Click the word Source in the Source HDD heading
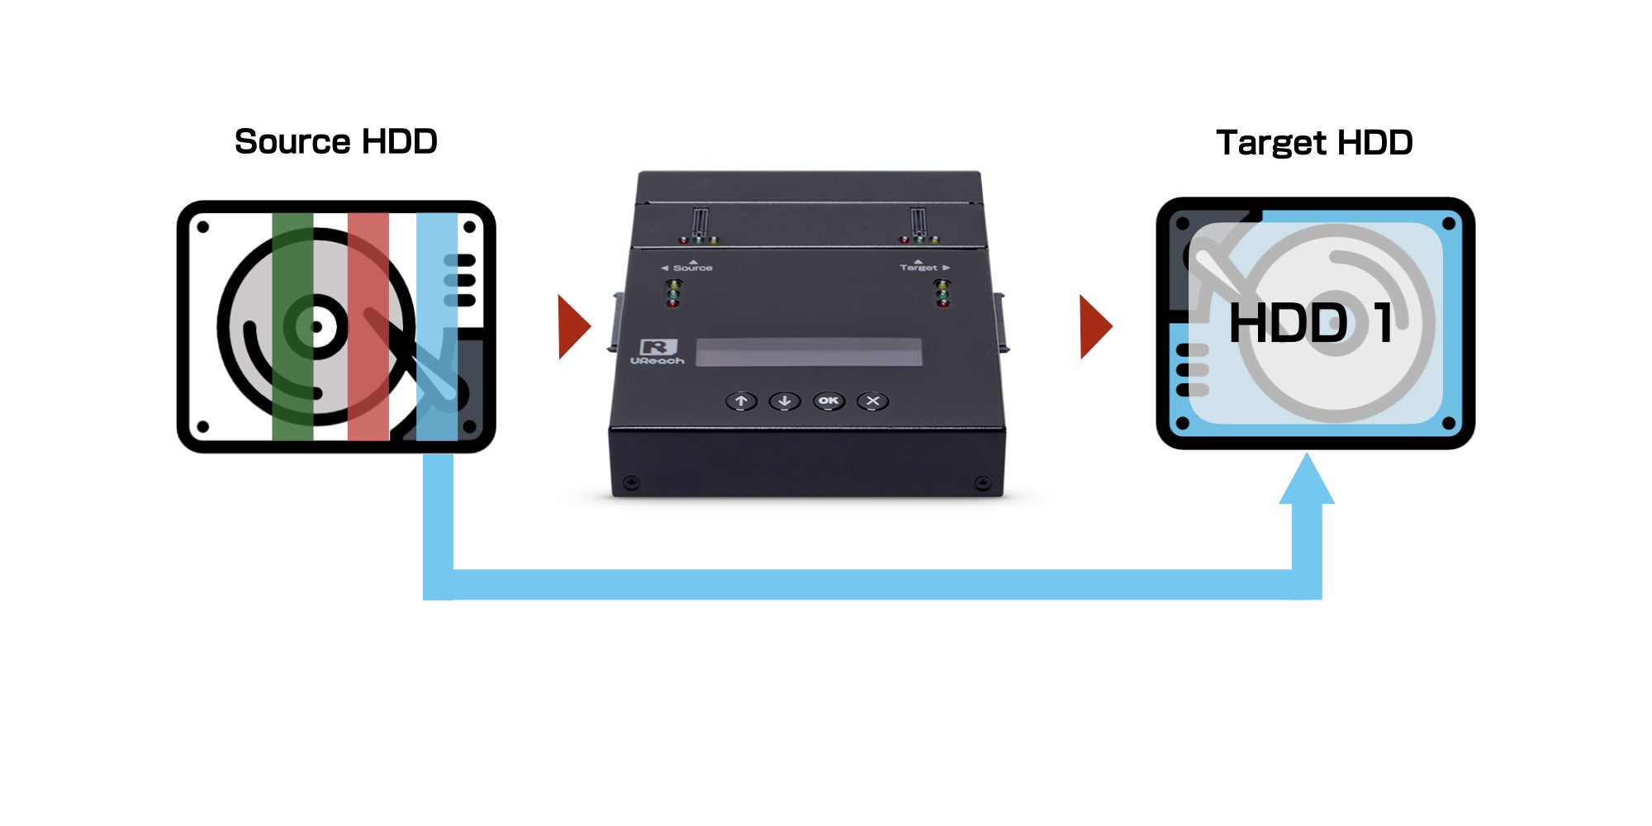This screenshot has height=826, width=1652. click(292, 142)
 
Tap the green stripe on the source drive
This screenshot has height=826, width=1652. click(292, 326)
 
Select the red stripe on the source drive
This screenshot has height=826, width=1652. click(368, 326)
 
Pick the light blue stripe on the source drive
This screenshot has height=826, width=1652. click(436, 326)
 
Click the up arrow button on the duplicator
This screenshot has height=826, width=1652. click(742, 401)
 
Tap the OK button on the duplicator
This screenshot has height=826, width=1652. click(828, 401)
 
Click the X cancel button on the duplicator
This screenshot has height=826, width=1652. click(873, 401)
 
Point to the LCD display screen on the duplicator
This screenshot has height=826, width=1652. click(809, 352)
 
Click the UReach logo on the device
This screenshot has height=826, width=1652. click(657, 352)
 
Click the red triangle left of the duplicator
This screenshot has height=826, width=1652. click(573, 326)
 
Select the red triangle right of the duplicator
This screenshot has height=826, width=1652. click(1095, 326)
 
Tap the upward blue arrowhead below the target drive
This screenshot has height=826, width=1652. click(1307, 480)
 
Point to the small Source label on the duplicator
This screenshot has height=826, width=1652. click(691, 268)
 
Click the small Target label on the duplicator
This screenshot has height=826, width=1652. click(919, 268)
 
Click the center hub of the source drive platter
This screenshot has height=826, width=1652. click(316, 327)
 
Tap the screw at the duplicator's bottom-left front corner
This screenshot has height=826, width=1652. click(632, 482)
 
